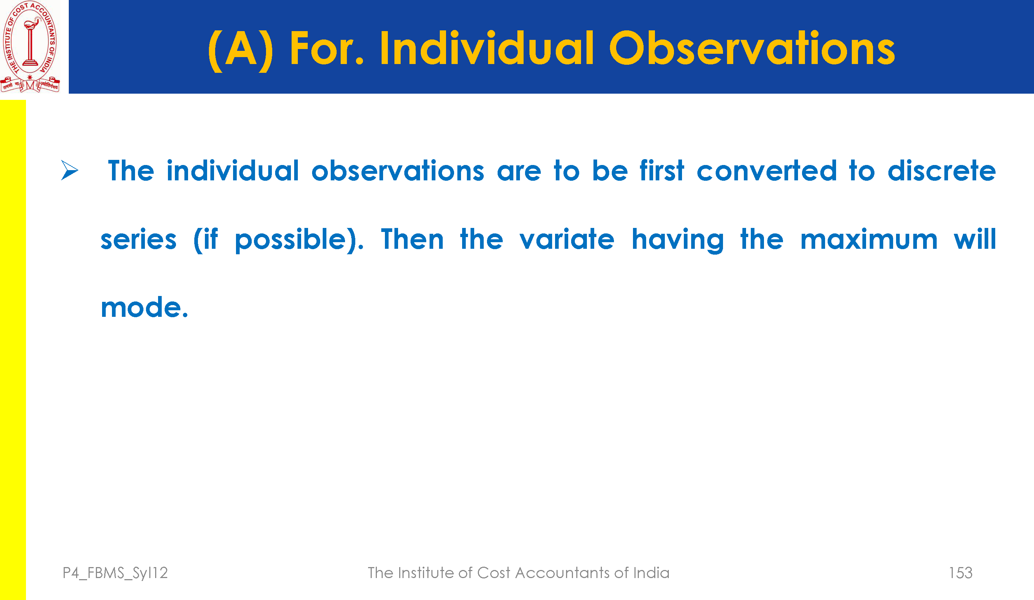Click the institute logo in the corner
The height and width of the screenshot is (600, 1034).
(30, 46)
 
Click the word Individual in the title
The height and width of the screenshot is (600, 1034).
(487, 48)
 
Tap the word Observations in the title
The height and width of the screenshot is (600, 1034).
(752, 48)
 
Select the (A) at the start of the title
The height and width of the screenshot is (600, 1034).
(240, 50)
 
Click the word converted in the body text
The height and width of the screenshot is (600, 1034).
(767, 170)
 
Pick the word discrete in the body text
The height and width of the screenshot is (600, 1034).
(942, 170)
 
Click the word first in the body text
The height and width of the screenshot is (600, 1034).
(662, 170)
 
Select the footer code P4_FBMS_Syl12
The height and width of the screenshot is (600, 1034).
(115, 573)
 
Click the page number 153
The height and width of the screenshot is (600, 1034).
(960, 573)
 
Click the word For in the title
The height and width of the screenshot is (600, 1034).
(327, 48)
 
